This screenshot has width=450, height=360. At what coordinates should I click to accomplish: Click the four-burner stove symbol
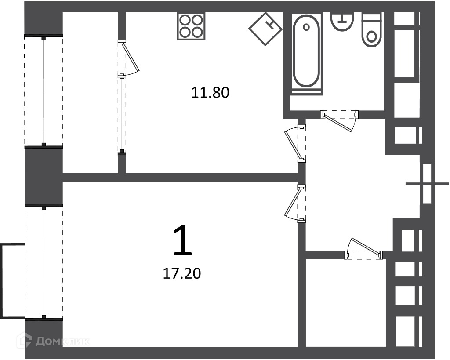[191, 26]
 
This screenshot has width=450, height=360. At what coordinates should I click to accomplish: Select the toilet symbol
[372, 29]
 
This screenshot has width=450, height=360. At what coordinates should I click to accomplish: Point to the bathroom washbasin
[342, 21]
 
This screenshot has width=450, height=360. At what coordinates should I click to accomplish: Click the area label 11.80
[210, 93]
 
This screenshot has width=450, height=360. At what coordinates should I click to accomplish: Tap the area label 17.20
[182, 273]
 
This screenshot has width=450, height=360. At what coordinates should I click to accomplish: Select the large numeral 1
[183, 240]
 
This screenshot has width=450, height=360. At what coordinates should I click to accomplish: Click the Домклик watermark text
[62, 341]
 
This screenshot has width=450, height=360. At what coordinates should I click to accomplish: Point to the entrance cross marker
[427, 183]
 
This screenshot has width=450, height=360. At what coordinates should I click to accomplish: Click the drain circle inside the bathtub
[306, 27]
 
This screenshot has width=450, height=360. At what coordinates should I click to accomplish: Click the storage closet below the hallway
[345, 303]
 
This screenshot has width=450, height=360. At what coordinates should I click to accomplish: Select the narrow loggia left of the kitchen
[91, 92]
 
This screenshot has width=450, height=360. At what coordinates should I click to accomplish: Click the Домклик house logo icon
[24, 341]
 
